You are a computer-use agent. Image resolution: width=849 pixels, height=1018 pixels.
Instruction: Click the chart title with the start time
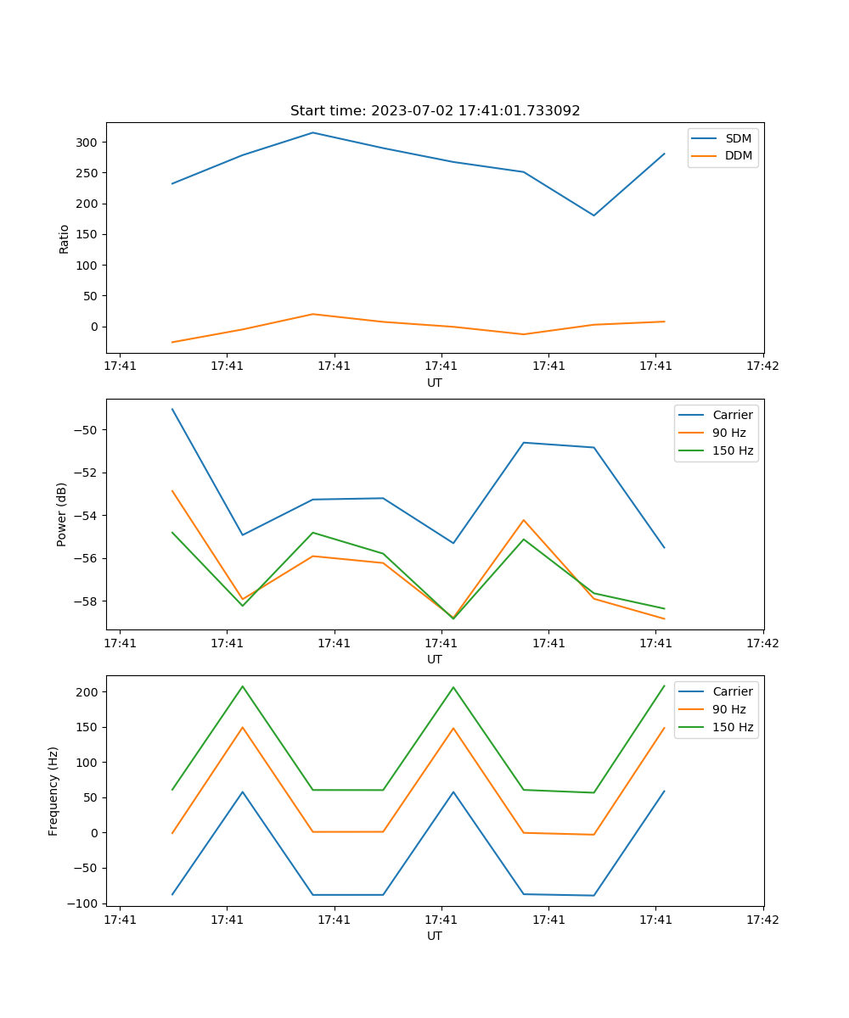point(435,111)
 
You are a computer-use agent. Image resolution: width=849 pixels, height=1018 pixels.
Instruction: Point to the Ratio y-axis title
point(65,238)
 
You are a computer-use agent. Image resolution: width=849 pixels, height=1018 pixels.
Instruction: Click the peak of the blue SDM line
point(312,132)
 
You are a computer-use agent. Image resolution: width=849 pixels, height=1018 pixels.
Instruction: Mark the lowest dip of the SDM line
point(593,215)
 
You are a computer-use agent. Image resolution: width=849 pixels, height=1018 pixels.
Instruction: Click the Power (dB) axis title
point(63,514)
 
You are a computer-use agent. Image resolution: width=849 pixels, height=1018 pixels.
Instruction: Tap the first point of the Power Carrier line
point(172,409)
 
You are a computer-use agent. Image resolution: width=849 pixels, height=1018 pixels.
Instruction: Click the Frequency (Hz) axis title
point(54,791)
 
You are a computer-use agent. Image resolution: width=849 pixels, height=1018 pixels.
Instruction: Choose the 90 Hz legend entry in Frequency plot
point(728,709)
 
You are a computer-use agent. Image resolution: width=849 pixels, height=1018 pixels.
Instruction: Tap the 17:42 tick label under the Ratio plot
point(762,366)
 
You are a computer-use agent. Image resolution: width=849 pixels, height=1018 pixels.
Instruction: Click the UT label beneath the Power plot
point(435,659)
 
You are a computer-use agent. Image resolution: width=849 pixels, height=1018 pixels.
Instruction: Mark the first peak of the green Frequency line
point(243,686)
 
